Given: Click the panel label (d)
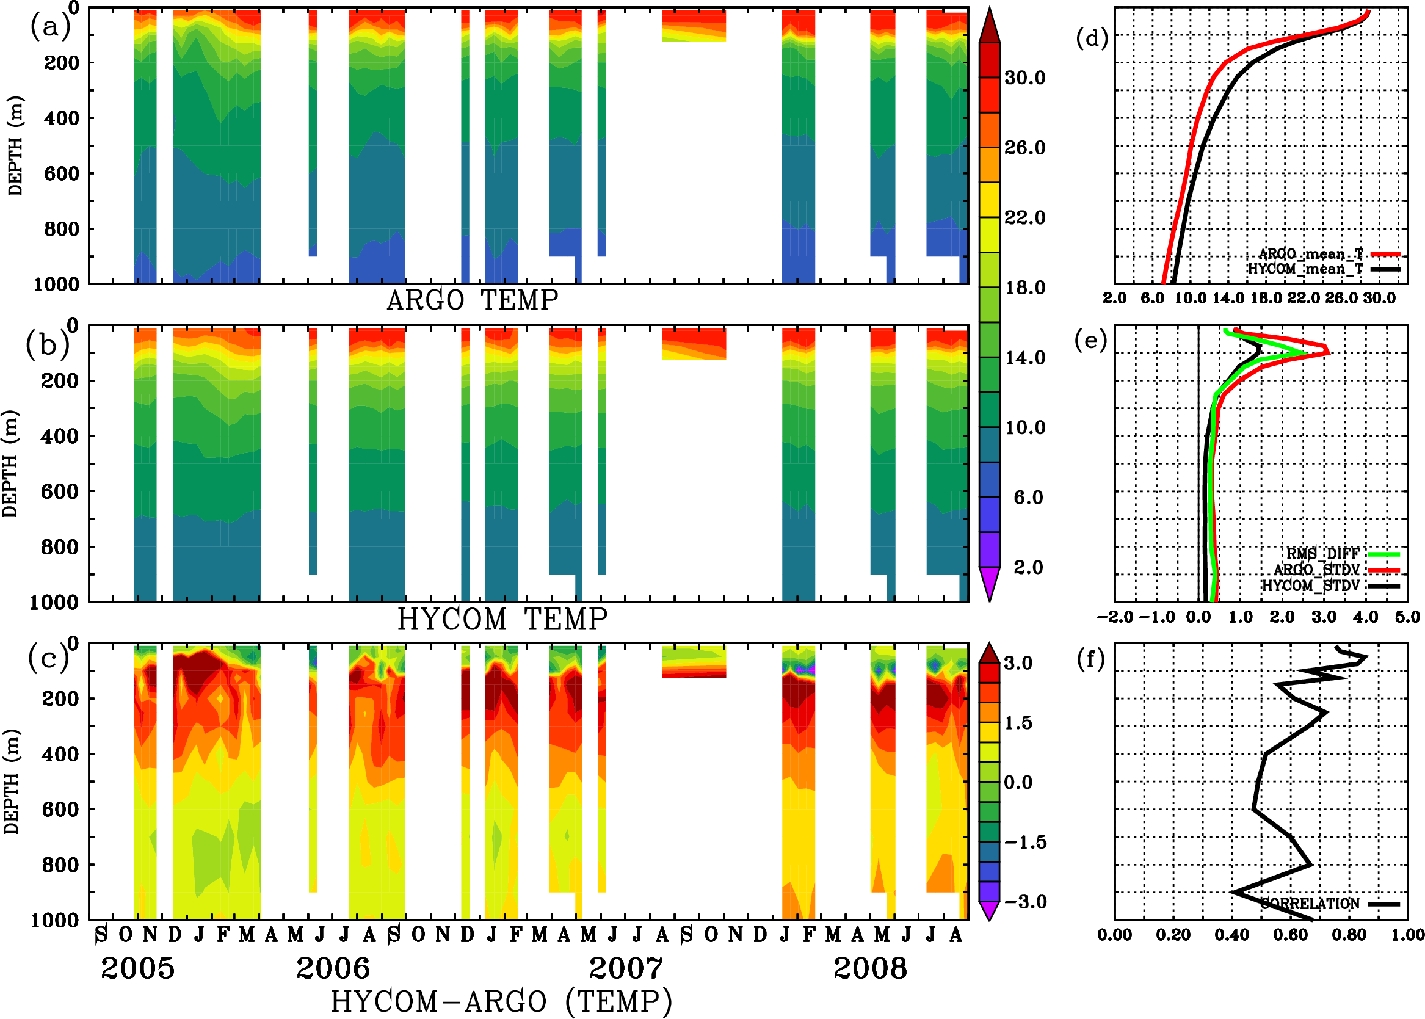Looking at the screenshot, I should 1092,39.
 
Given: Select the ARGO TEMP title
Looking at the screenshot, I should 472,300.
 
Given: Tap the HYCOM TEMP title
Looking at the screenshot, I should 502,619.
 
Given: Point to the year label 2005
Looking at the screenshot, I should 137,968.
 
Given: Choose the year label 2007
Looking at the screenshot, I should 626,968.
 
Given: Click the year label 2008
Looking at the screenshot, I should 869,968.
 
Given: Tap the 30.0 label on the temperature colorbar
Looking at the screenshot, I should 1024,78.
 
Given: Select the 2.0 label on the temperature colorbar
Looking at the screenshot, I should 1028,567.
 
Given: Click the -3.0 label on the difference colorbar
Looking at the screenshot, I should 1024,902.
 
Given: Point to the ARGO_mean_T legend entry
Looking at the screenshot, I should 1311,254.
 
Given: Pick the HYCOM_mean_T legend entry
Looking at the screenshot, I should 1305,269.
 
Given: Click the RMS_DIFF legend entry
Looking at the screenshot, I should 1322,554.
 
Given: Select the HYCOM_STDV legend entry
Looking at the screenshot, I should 1311,586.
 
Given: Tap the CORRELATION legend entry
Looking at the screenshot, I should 1310,904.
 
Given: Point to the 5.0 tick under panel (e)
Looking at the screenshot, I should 1407,617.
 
